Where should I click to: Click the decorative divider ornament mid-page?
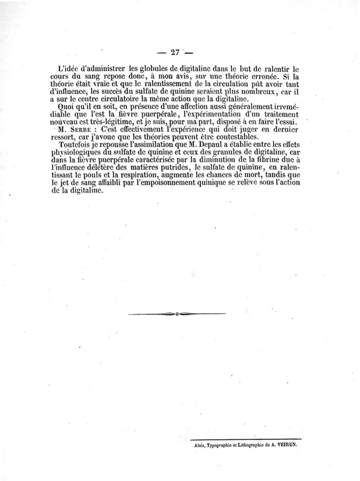pos(176,313)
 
